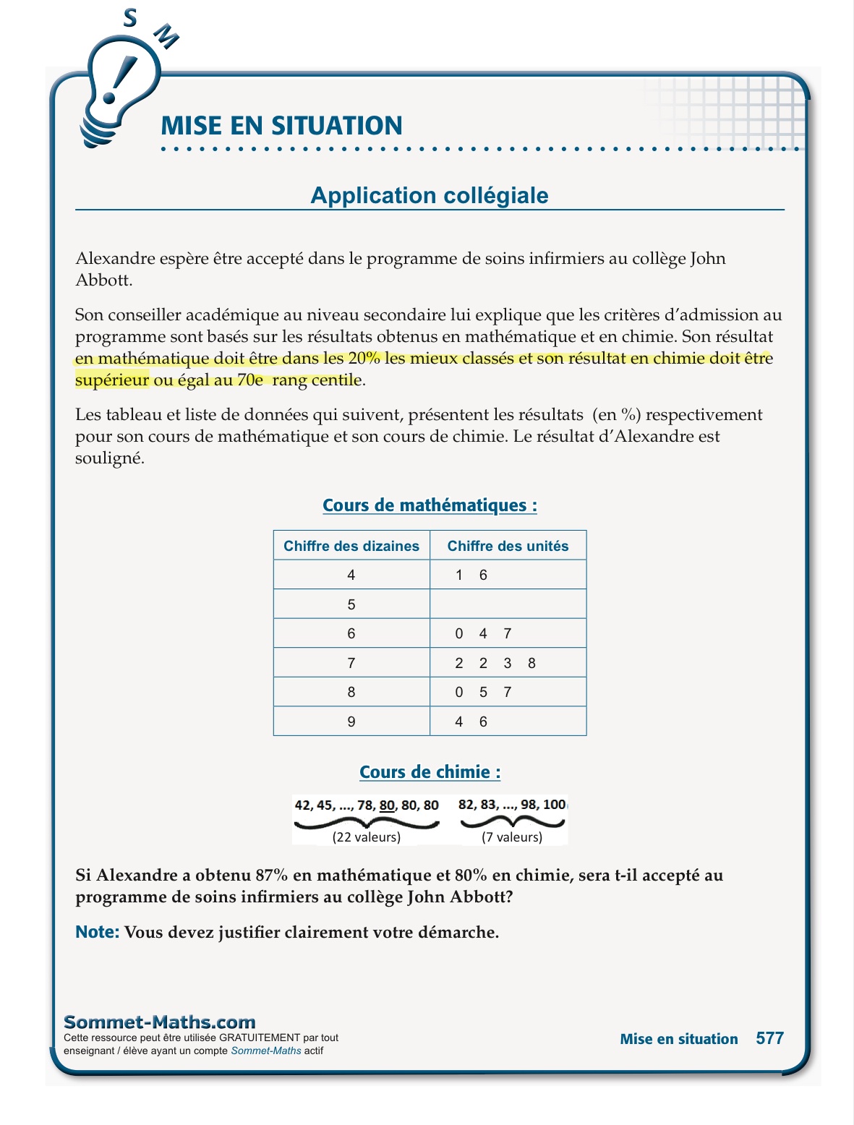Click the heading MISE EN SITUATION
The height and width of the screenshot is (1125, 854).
click(281, 126)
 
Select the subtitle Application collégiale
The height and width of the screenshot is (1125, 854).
click(430, 195)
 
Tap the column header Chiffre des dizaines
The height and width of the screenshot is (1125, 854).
click(351, 546)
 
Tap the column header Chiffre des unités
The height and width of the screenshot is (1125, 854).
click(508, 546)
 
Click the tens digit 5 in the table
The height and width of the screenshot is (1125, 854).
click(351, 604)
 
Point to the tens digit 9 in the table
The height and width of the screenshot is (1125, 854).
click(351, 722)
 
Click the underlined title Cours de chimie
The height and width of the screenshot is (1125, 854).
click(430, 772)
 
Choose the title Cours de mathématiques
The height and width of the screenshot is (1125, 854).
click(430, 505)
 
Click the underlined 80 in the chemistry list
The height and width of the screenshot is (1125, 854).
click(387, 805)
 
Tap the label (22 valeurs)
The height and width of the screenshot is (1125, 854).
click(367, 837)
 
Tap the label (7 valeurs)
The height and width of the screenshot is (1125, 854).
click(512, 837)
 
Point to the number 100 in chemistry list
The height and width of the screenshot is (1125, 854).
click(554, 804)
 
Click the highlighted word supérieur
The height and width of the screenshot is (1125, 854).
click(112, 380)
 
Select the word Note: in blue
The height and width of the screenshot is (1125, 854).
click(97, 932)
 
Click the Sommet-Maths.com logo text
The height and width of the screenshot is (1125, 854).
click(160, 1022)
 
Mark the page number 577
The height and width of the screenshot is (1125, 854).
click(769, 1038)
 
